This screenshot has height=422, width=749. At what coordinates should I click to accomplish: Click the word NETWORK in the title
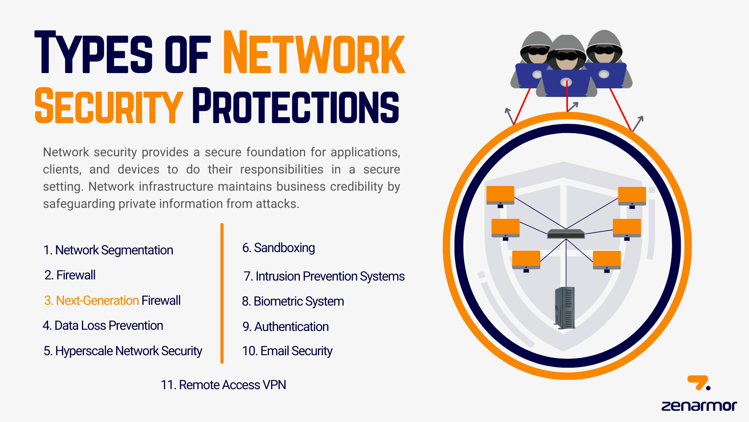coord(314,53)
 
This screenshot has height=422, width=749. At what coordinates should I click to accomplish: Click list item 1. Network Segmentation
coord(108,250)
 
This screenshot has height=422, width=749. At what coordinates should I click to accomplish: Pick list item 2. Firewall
coord(70,275)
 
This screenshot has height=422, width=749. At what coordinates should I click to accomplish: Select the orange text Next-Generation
coord(92,300)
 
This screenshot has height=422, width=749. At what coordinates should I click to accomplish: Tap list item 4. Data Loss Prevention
coord(103,325)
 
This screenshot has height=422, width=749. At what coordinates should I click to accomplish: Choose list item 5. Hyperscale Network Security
coord(123,351)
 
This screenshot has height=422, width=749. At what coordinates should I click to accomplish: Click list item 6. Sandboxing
coord(279,248)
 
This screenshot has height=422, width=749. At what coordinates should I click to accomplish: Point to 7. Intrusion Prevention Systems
coord(324,276)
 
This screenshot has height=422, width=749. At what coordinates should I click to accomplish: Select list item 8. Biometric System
coord(293,301)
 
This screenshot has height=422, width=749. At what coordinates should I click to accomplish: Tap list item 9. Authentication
coord(286,327)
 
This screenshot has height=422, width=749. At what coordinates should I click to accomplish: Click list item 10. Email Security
coord(287,351)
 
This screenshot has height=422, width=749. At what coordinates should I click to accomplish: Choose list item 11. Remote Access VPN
coord(224,385)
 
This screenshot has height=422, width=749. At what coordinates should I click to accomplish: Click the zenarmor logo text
coord(699,406)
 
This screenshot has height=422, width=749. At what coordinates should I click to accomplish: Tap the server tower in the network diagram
coord(564,308)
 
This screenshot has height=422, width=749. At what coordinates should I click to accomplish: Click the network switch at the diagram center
coord(566,234)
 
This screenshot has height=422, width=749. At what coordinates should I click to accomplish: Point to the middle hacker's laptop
coord(566,82)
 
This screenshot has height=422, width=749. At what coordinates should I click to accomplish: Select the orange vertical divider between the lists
coord(222,293)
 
